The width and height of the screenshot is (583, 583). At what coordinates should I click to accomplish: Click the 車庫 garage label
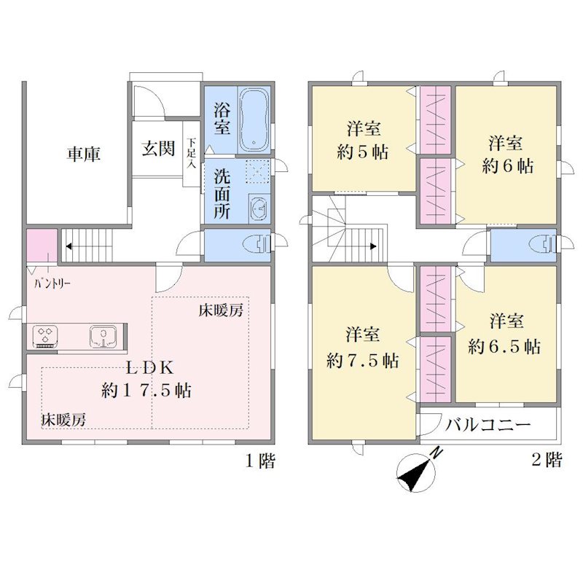point(84,154)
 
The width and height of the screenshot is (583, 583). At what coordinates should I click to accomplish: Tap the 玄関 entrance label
point(158,149)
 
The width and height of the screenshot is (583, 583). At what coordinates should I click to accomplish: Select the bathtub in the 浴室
point(254,120)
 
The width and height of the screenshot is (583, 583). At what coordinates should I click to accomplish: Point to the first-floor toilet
point(257,245)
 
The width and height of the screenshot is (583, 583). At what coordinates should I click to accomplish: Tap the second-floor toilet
point(543,245)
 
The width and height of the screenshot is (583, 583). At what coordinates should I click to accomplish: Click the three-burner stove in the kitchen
point(45,336)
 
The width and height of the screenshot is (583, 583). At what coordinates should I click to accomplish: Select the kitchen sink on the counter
point(103,336)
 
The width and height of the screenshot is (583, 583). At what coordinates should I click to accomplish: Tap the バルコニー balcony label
point(488,424)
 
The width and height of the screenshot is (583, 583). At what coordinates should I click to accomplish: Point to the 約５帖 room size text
point(362,152)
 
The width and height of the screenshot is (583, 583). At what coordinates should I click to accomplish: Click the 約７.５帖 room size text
point(362,360)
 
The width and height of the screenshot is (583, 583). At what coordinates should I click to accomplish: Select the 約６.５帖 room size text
point(504,347)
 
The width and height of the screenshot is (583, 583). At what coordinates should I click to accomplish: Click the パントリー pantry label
point(52,284)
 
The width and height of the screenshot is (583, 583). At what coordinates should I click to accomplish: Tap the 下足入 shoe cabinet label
point(192,153)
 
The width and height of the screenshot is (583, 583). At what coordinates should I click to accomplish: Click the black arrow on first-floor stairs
point(69,246)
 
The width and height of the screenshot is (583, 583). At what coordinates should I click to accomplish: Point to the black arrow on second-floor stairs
point(373,246)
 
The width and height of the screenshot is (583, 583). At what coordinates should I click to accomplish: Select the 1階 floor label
point(260,461)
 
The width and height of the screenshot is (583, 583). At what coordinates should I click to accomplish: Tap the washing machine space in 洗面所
point(259,172)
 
